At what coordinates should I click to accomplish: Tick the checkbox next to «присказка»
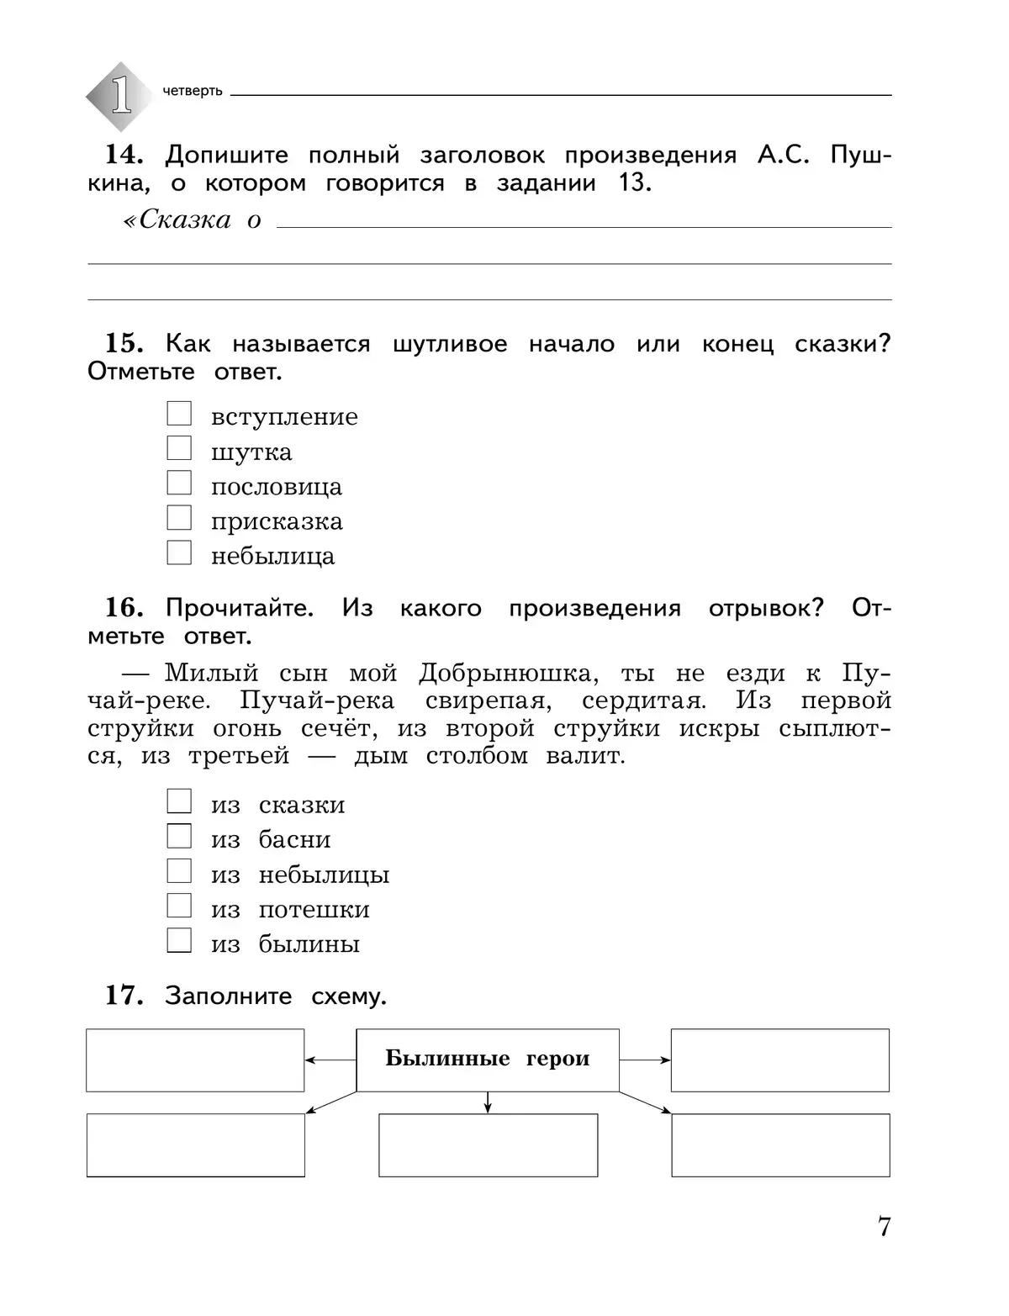(x=179, y=518)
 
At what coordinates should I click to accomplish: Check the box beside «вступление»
(x=179, y=414)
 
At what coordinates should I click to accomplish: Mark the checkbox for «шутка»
(x=179, y=448)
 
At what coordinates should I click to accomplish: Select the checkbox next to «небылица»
(x=179, y=552)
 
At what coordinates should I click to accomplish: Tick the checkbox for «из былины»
(x=179, y=940)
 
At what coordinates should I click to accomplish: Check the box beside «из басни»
(x=179, y=836)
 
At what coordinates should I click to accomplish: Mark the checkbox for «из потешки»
(x=179, y=906)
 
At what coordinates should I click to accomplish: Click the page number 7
(x=884, y=1227)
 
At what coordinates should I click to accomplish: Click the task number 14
(x=124, y=155)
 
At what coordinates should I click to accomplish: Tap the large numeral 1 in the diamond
(x=121, y=95)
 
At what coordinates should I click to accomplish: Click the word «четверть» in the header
(x=193, y=91)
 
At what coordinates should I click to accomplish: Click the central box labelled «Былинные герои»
(x=488, y=1060)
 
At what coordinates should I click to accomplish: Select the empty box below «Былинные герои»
(x=488, y=1145)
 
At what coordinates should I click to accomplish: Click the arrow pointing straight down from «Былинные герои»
(x=488, y=1102)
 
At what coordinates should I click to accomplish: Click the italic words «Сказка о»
(x=193, y=220)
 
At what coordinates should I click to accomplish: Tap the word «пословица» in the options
(x=277, y=487)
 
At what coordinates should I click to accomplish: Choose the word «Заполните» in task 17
(x=229, y=996)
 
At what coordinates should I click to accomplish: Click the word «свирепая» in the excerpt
(x=485, y=701)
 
